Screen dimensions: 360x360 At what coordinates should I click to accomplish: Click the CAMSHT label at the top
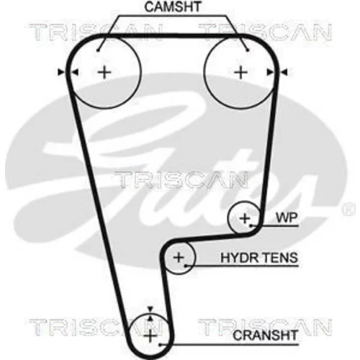point(173,6)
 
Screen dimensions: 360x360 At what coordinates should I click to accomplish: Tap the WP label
point(287,217)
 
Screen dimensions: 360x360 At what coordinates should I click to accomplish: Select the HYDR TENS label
point(259,258)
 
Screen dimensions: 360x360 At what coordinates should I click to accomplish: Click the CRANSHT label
point(265,336)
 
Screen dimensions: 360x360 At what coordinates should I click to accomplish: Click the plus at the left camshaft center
point(104,72)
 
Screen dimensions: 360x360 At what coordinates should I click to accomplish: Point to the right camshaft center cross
point(240,72)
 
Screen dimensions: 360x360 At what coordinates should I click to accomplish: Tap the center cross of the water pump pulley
point(245,218)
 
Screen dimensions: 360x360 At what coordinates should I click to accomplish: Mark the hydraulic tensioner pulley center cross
point(179,258)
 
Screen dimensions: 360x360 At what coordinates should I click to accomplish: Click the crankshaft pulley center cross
point(150,336)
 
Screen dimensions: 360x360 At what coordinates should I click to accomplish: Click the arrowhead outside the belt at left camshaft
point(61,72)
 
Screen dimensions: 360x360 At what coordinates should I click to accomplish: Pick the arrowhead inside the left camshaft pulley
point(76,72)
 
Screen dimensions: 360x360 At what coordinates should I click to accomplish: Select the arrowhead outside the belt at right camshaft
point(284,72)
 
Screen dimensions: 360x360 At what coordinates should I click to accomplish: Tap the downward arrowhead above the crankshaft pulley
point(150,309)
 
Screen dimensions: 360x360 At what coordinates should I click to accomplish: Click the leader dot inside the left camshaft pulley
point(98,50)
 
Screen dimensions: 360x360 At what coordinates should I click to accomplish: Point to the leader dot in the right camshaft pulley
point(248,50)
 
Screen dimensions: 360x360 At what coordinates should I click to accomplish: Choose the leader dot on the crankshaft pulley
point(160,345)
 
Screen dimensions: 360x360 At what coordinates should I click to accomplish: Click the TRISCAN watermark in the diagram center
point(181,180)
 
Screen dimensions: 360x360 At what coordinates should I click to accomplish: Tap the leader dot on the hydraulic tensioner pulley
point(186,266)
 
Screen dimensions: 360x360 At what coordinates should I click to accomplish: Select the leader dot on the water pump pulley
point(251,226)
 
